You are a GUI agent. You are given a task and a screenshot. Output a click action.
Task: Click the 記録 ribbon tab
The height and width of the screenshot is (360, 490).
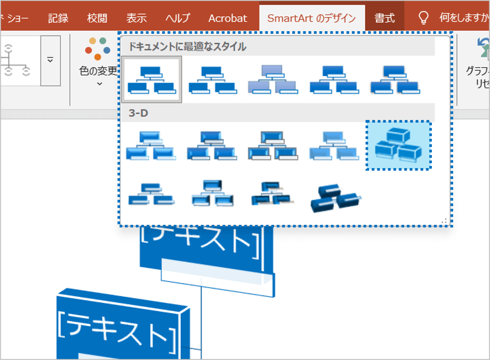[x=58, y=18]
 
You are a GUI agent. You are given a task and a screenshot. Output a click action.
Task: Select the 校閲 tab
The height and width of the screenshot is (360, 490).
[x=97, y=18]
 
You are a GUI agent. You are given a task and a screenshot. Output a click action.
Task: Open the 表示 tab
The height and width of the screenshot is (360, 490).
[x=137, y=18]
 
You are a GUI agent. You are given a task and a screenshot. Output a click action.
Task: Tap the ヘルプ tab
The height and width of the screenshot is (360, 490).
[x=178, y=18]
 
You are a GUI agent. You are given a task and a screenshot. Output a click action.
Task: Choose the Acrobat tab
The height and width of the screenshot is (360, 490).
[x=228, y=18]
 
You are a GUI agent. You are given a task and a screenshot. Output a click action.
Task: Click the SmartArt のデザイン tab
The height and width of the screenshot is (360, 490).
[x=311, y=18]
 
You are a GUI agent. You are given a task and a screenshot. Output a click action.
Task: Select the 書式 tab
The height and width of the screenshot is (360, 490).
[x=385, y=18]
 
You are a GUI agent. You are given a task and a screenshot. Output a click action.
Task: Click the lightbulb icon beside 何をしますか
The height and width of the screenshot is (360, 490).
[x=423, y=18]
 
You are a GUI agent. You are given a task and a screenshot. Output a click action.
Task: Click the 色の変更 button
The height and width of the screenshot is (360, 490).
[x=98, y=71]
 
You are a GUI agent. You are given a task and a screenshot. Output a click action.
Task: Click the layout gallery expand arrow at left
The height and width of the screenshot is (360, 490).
[x=50, y=60]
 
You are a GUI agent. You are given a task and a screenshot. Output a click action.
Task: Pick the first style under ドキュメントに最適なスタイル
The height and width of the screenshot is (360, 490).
[x=152, y=80]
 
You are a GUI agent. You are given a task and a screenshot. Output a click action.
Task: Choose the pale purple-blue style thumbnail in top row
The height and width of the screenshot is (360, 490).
[x=272, y=80]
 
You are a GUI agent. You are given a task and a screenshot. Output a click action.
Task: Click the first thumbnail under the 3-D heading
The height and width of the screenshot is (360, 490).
[x=151, y=146]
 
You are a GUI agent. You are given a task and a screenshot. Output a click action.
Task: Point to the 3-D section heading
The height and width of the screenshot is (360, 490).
[x=138, y=113]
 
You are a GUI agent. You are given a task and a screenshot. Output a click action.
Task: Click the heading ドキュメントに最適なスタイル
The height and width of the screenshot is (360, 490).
[x=187, y=46]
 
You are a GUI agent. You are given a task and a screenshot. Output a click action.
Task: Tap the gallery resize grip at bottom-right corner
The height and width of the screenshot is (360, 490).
[x=444, y=221]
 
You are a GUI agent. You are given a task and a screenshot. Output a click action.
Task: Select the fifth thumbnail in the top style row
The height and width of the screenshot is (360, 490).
[x=395, y=80]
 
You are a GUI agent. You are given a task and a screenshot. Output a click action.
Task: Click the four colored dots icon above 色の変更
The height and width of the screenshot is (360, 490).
[x=98, y=48]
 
